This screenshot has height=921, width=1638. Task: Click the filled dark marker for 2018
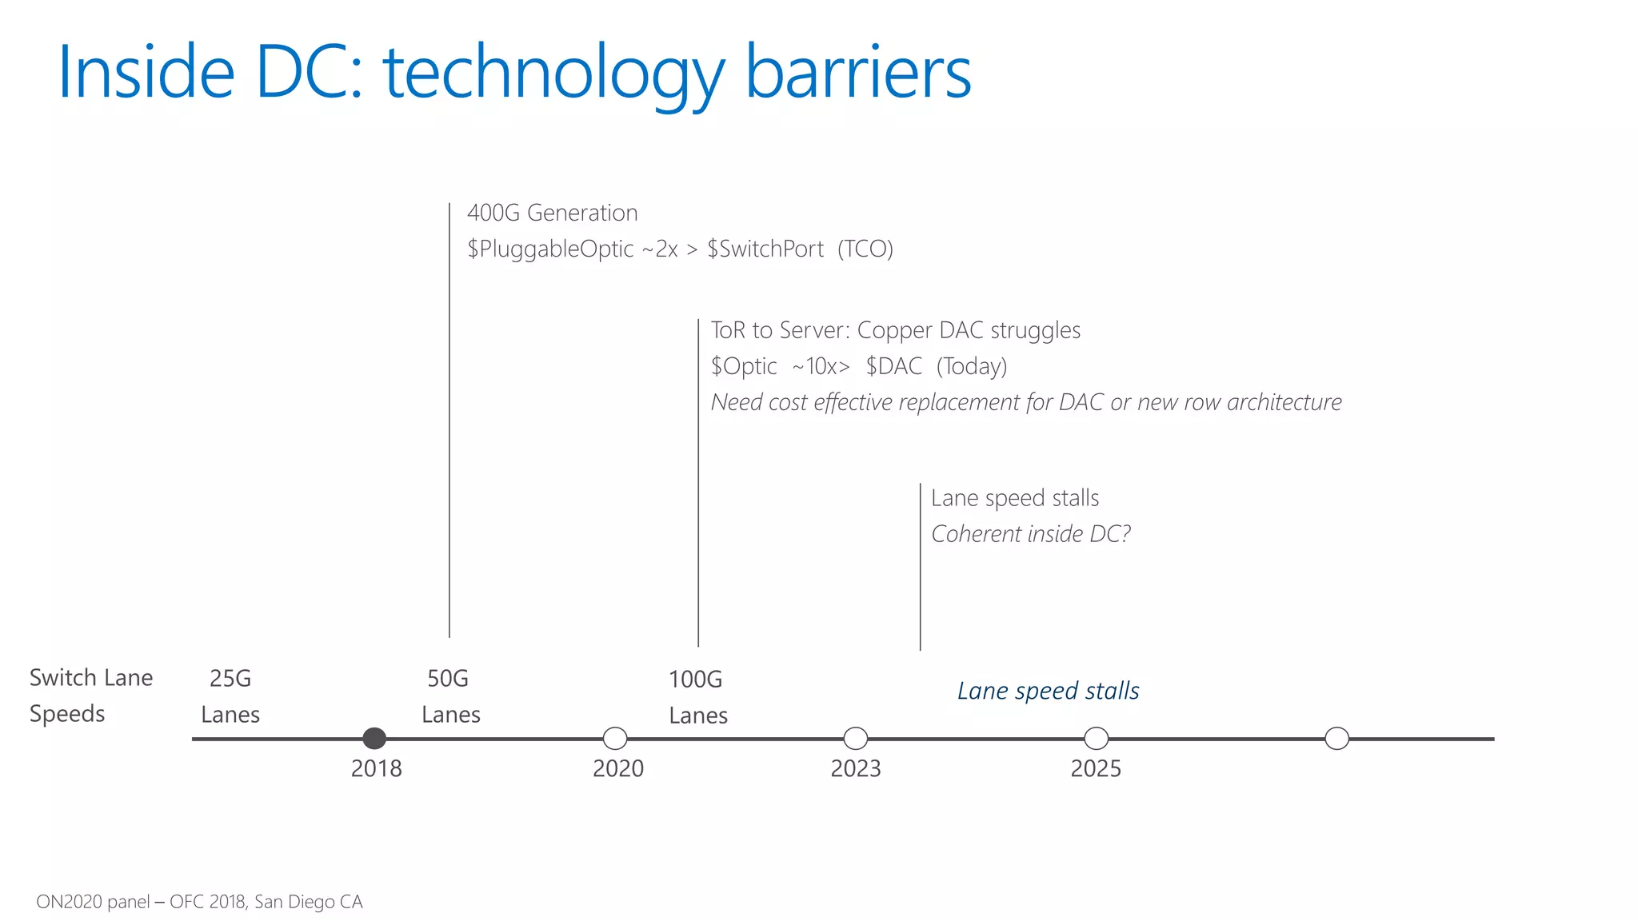coord(374,738)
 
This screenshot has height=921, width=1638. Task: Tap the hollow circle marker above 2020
coord(615,738)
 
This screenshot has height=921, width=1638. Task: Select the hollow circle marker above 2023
coord(856,738)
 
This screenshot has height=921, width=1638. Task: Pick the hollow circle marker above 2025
coord(1097,738)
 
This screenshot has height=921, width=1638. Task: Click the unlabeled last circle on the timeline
coord(1337,738)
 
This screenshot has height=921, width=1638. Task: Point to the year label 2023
coord(856,768)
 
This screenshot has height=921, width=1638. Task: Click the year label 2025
coord(1096,768)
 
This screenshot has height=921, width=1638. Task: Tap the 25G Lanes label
coord(230,696)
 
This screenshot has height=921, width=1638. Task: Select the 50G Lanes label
coord(450,696)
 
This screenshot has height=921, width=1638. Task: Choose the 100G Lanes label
coord(697,696)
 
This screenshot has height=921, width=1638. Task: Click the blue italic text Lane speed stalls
coord(1048,691)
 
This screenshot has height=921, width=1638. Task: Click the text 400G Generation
coord(552,213)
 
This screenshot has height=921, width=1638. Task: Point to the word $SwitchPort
coord(765,249)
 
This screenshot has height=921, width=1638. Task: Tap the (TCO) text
coord(865,249)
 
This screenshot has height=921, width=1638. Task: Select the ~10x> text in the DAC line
coord(821,366)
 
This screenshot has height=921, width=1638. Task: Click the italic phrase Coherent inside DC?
coord(1031,533)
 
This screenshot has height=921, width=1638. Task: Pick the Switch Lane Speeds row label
coord(90,695)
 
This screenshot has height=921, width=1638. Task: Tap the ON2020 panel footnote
coord(199,902)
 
